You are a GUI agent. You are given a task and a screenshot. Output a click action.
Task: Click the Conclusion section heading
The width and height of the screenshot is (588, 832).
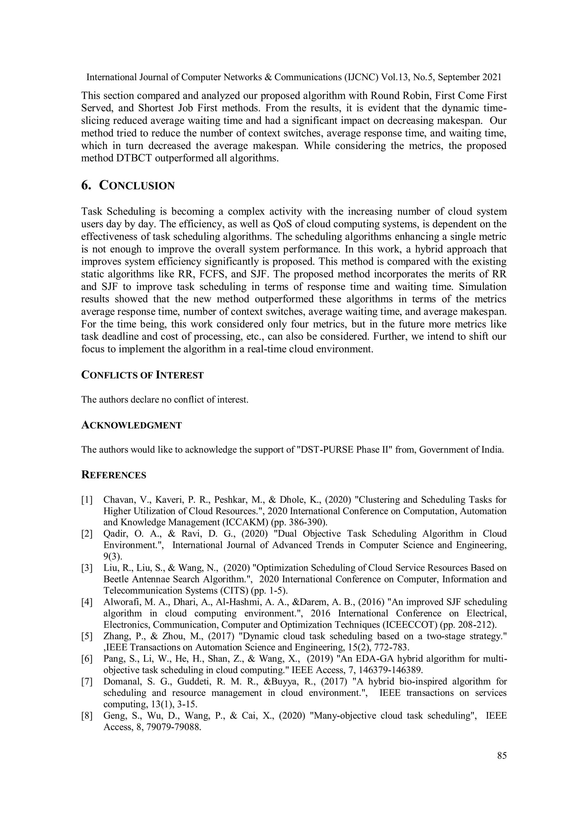click(137, 186)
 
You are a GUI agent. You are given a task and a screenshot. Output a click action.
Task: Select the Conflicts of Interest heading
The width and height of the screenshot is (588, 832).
click(142, 375)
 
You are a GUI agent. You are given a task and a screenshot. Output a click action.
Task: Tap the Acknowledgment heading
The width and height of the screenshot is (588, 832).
click(131, 425)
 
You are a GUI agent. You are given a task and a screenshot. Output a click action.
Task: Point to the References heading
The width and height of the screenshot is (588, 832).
click(114, 475)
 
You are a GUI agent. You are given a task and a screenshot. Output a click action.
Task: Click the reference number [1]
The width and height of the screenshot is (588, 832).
click(87, 500)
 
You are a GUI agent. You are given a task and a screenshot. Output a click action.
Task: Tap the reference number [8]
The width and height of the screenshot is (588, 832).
click(87, 716)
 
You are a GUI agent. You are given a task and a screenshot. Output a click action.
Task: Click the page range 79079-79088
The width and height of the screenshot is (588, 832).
click(173, 727)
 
